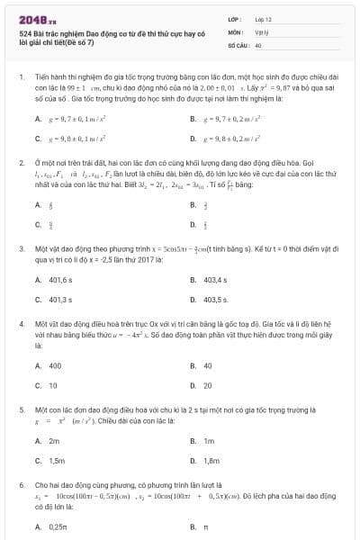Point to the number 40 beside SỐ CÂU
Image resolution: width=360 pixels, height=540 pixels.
pos(259,44)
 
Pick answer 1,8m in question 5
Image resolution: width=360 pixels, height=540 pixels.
pos(212,460)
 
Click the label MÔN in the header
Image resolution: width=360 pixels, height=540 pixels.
pos(233,31)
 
